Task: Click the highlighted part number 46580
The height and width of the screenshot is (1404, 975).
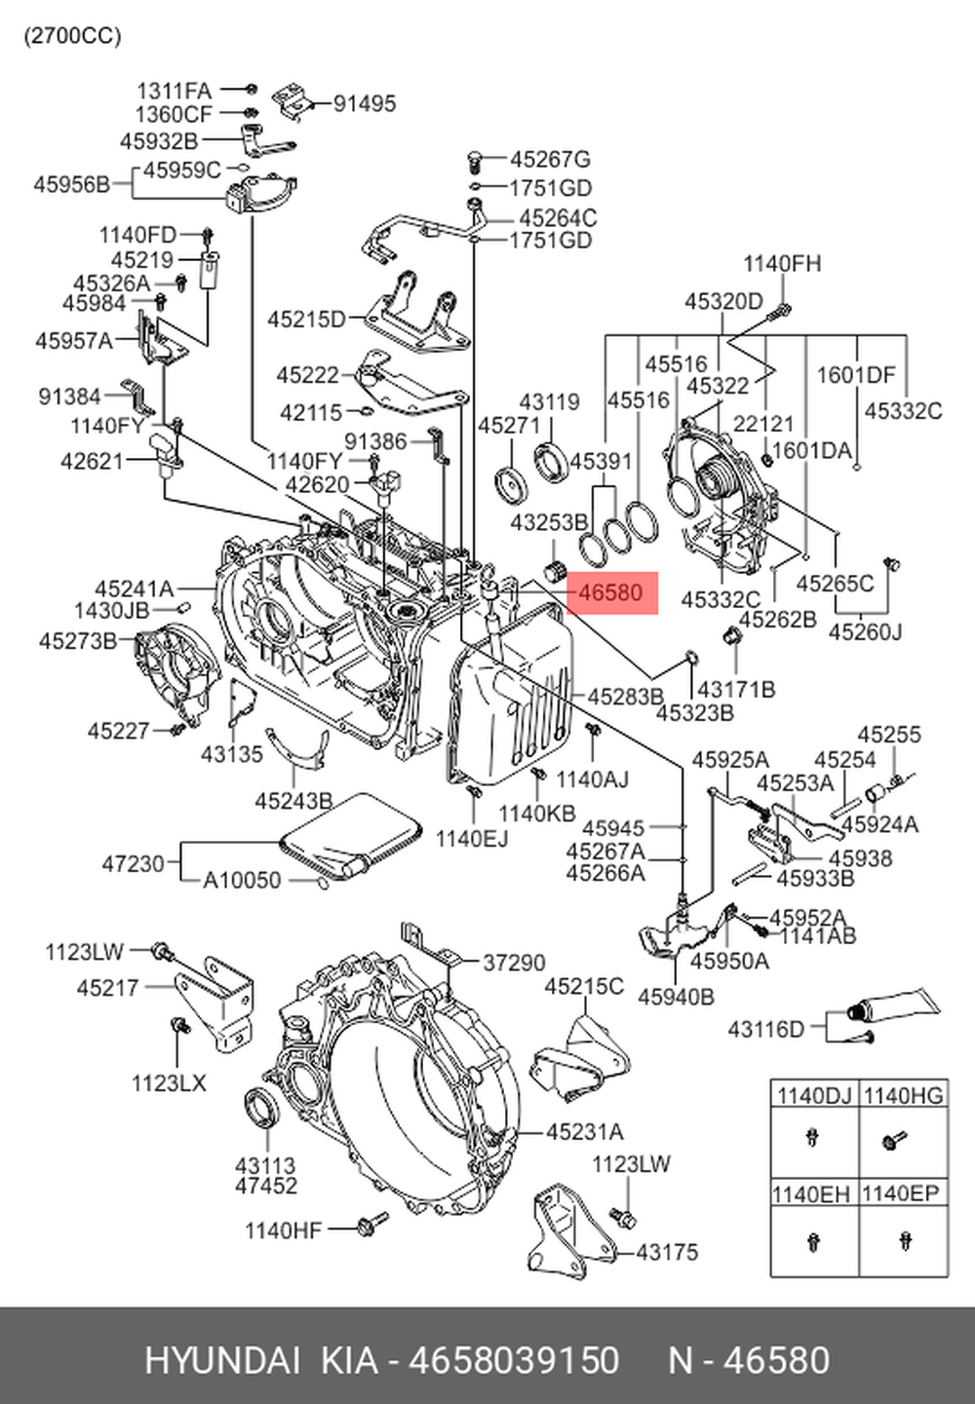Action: (x=611, y=592)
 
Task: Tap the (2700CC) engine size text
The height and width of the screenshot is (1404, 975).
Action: (x=73, y=36)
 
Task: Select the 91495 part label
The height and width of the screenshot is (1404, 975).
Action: (x=365, y=103)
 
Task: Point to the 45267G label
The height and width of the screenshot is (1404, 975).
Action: (x=550, y=159)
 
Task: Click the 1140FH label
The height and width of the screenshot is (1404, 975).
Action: (x=782, y=263)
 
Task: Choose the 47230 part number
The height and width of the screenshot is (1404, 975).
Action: (x=133, y=863)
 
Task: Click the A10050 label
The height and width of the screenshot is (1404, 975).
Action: (x=242, y=881)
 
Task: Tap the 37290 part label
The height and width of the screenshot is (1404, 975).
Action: (x=514, y=963)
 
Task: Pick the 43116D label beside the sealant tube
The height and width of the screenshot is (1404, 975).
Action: (x=766, y=1029)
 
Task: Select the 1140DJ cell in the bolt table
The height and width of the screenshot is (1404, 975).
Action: (x=813, y=1095)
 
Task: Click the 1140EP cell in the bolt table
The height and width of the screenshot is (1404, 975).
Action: (x=904, y=1194)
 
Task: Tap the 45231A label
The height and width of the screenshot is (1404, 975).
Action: (x=584, y=1132)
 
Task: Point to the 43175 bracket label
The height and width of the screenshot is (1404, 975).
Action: (x=667, y=1252)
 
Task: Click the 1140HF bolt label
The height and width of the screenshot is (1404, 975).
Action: (x=283, y=1231)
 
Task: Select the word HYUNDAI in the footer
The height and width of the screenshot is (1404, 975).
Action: (x=224, y=1360)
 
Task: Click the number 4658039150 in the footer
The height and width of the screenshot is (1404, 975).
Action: (x=514, y=1360)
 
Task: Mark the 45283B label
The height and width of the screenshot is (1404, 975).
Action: (x=625, y=697)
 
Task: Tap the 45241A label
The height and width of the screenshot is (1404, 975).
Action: (x=134, y=588)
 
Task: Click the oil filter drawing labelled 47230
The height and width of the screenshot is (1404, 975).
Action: (x=349, y=836)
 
